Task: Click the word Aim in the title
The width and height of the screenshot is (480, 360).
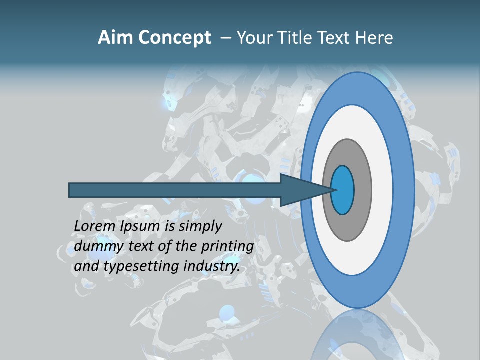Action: [114, 38]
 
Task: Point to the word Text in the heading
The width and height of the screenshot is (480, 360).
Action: [335, 38]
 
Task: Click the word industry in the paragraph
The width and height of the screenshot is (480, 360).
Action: [212, 267]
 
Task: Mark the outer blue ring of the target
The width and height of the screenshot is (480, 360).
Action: [404, 190]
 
